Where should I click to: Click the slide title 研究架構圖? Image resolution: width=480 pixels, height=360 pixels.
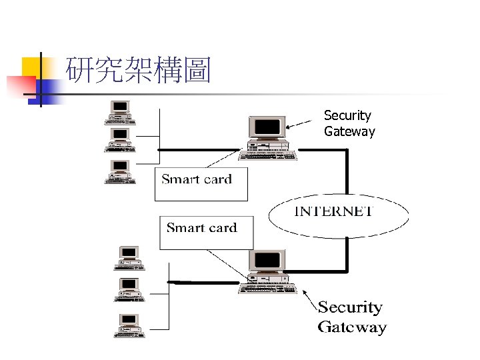[x=139, y=71]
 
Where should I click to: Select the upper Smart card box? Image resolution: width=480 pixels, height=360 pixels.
[x=201, y=184]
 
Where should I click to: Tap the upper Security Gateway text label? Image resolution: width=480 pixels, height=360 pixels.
[x=349, y=124]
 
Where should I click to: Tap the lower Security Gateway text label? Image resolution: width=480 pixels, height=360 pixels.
[x=352, y=317]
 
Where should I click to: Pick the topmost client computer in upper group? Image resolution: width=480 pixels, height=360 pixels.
[x=121, y=112]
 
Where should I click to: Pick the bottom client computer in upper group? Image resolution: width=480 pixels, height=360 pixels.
[x=121, y=171]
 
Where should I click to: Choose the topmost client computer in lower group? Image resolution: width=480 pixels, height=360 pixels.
[x=129, y=258]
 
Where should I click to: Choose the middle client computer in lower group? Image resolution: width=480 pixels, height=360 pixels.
[x=129, y=290]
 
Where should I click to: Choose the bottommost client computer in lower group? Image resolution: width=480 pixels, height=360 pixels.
[x=129, y=325]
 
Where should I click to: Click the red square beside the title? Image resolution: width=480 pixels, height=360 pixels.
[x=20, y=86]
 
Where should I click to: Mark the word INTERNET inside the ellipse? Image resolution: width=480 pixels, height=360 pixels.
[x=333, y=211]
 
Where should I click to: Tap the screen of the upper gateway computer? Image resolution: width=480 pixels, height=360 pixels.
[x=267, y=127]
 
